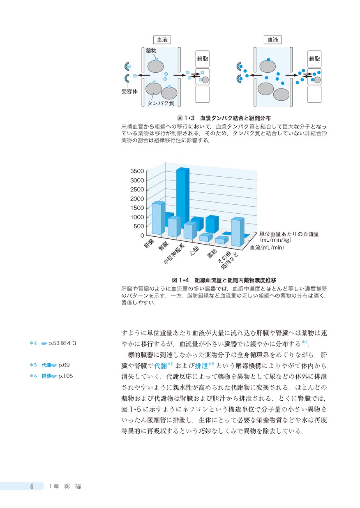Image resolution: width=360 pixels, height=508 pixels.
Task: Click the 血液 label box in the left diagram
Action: pyautogui.click(x=162, y=40)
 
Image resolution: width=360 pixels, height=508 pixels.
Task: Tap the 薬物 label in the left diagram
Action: pyautogui.click(x=151, y=51)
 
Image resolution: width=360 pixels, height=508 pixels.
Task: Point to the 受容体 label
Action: pyautogui.click(x=129, y=91)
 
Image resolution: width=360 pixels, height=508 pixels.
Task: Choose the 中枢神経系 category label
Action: pyautogui.click(x=173, y=255)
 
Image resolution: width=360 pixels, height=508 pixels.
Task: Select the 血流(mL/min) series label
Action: pyautogui.click(x=268, y=247)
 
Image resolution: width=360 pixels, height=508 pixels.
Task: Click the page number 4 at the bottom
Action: pyautogui.click(x=32, y=486)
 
